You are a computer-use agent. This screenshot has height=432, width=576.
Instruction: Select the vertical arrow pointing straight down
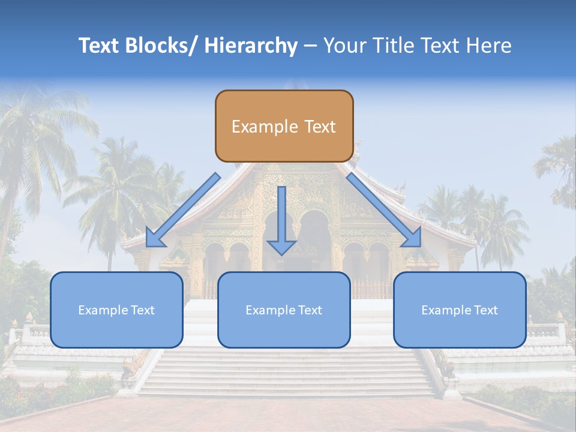(281, 220)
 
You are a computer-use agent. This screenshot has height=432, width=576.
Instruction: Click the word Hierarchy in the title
(251, 46)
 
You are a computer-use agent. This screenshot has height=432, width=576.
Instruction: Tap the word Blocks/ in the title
(160, 46)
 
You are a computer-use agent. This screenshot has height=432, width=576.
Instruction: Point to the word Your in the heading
(344, 46)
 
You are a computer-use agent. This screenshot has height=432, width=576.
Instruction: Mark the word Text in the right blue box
(485, 310)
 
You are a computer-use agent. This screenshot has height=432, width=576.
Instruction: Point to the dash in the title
(310, 46)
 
